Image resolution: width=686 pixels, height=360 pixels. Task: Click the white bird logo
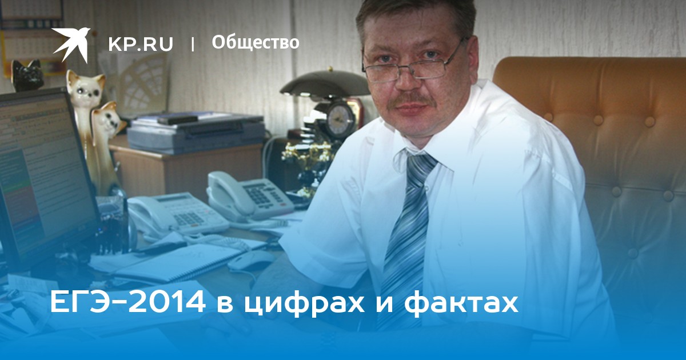(71, 44)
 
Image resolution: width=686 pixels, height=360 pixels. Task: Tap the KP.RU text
(141, 44)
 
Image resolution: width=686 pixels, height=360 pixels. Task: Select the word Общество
(256, 43)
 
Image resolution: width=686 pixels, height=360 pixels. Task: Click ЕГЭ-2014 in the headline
(127, 303)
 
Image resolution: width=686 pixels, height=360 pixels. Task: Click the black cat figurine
(26, 75)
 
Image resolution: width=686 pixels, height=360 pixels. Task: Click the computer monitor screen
(40, 171)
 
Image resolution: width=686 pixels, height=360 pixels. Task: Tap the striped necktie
(407, 229)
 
